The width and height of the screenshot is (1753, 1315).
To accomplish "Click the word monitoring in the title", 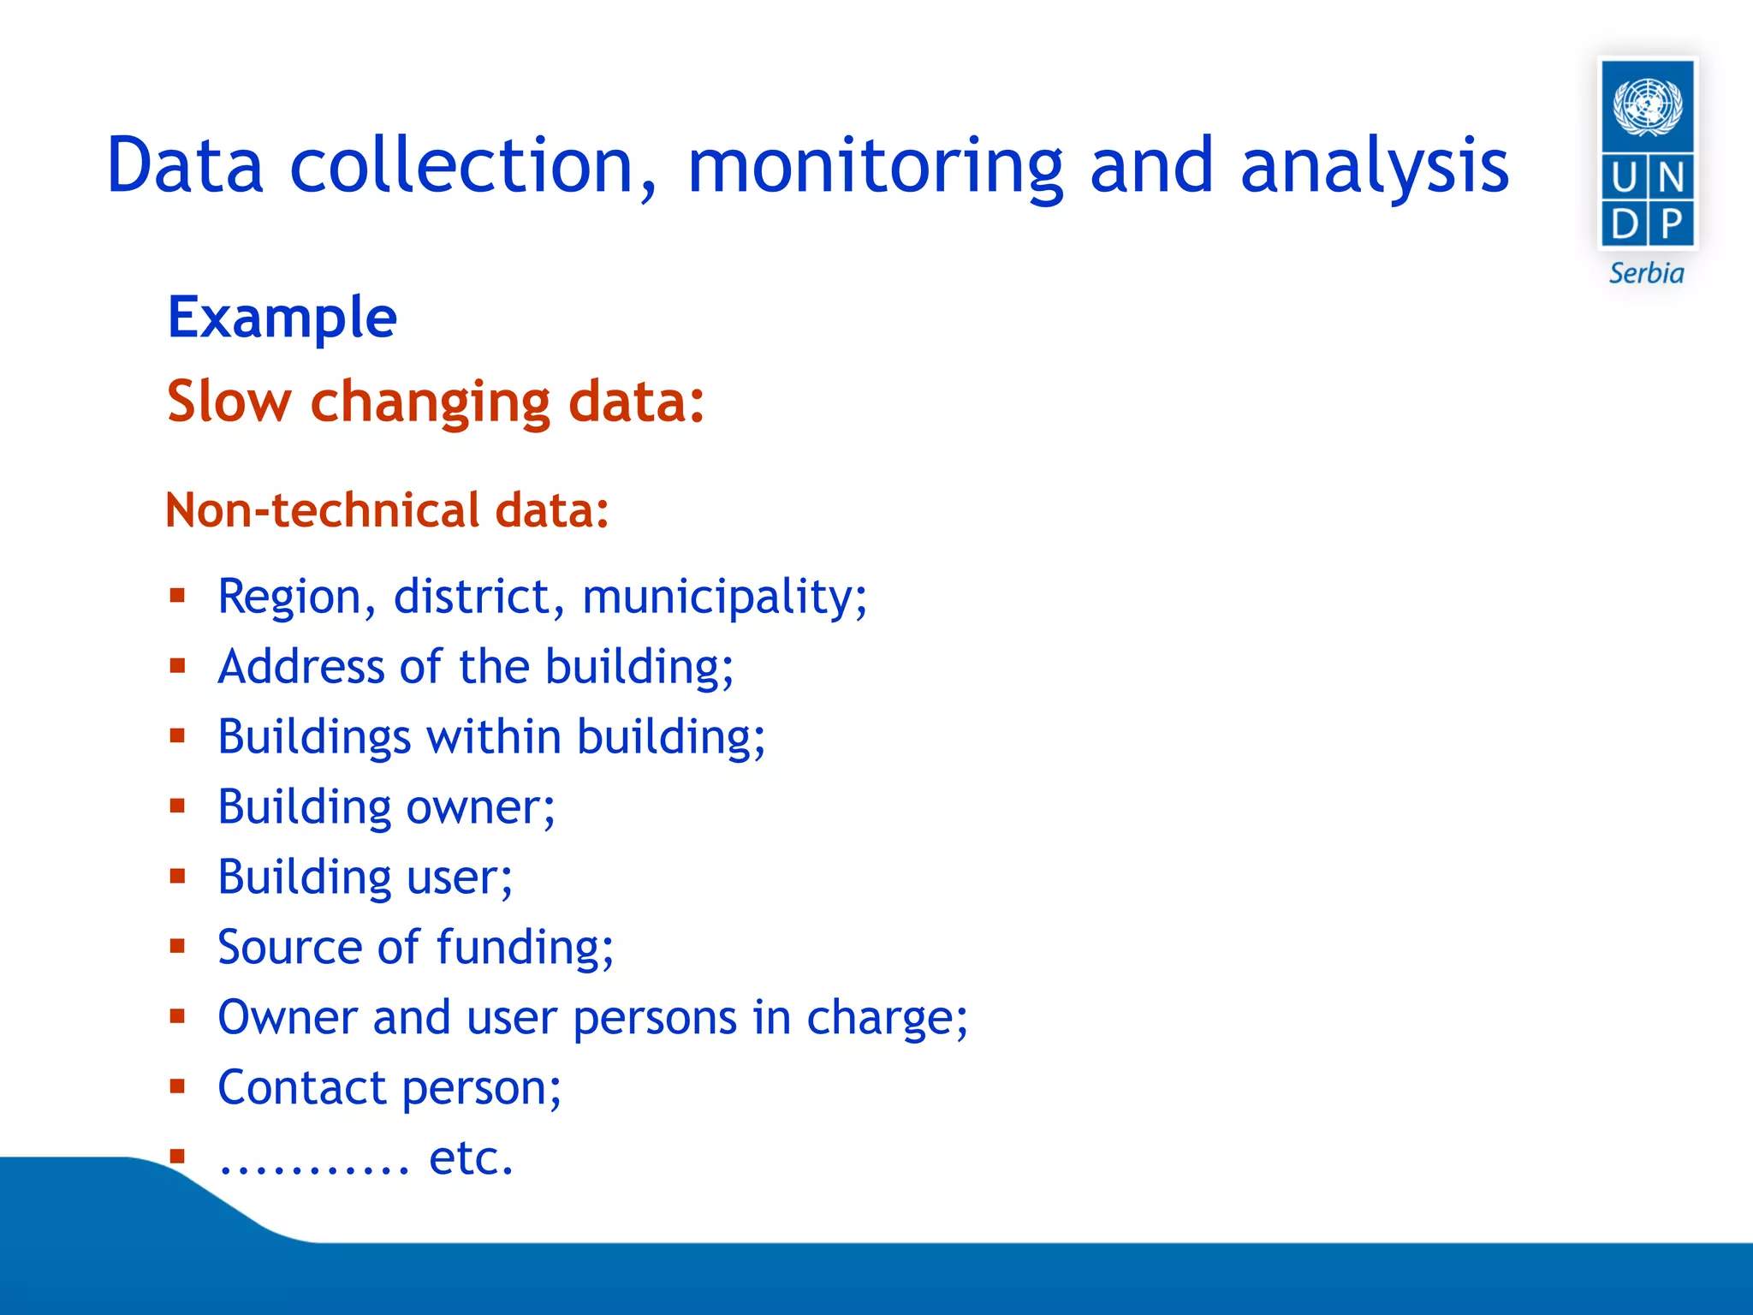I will (x=875, y=167).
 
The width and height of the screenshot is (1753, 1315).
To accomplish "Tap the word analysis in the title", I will (x=1374, y=167).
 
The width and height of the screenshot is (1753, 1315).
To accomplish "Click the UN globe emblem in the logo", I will (x=1647, y=106).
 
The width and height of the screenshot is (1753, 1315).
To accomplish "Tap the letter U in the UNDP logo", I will (x=1623, y=178).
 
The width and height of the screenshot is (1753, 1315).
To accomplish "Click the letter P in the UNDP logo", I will (x=1671, y=225).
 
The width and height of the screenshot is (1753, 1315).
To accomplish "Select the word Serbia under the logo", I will (x=1646, y=274).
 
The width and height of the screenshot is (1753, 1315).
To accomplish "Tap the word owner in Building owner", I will (x=480, y=807).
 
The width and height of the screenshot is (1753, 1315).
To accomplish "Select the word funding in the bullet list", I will (x=525, y=948).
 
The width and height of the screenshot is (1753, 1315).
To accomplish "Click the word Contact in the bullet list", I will (x=301, y=1087).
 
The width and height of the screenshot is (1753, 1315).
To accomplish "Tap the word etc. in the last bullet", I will (x=471, y=1157).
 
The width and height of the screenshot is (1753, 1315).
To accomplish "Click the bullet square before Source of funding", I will (x=177, y=946).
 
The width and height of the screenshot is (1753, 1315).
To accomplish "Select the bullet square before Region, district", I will (x=177, y=595).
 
